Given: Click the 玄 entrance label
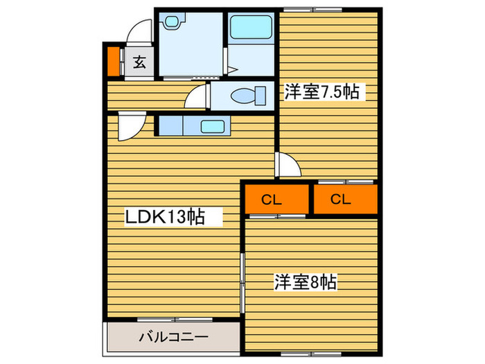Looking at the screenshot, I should click(139, 63).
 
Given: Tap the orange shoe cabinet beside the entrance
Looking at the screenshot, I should click(113, 61).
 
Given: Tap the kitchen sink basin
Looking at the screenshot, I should click(212, 125).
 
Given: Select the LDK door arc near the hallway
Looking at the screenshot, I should click(130, 127).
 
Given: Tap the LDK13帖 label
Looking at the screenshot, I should click(164, 217).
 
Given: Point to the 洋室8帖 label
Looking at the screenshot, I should click(305, 282).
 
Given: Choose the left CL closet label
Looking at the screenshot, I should click(272, 200).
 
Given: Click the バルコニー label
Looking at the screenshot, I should click(173, 338).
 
